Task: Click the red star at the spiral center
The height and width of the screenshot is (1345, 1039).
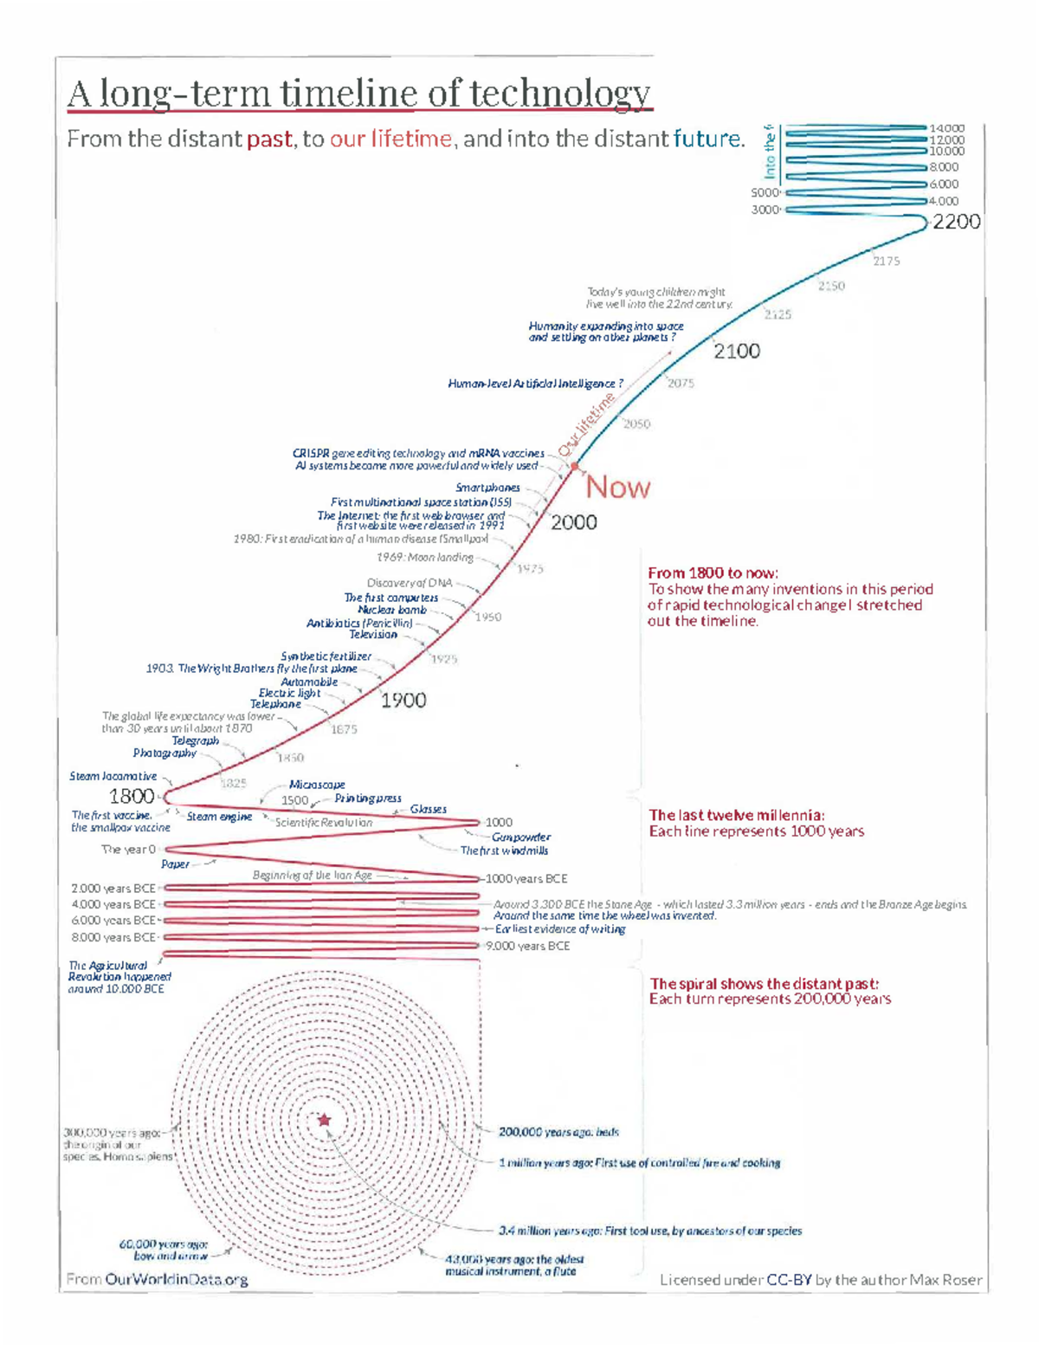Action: coord(325,1120)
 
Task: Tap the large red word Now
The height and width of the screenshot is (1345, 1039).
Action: coord(617,488)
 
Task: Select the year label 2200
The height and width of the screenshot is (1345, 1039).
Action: coord(956,222)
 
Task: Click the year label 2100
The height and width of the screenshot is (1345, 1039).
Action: coord(737,351)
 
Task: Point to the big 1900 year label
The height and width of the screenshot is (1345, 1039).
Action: coord(403,700)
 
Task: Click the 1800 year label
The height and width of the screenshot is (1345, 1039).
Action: coord(132,796)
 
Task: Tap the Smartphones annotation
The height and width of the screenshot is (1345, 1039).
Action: coord(488,488)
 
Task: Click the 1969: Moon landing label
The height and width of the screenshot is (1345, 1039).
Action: coord(425,557)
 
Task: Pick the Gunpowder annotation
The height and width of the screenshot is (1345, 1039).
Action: coord(521,837)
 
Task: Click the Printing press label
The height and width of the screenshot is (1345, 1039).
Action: coord(368,798)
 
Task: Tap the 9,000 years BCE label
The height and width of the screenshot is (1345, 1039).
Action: coord(527,946)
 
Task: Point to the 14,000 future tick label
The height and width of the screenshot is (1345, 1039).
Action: coord(946,128)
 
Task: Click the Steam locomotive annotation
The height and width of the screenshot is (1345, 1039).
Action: coord(113,776)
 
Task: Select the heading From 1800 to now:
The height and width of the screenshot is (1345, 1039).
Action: coord(713,572)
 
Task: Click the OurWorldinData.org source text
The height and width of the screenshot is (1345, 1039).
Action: coord(177,1279)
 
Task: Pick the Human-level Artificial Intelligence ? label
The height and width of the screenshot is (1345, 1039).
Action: coord(535,383)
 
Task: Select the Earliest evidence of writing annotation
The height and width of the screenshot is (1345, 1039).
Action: coord(560,928)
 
